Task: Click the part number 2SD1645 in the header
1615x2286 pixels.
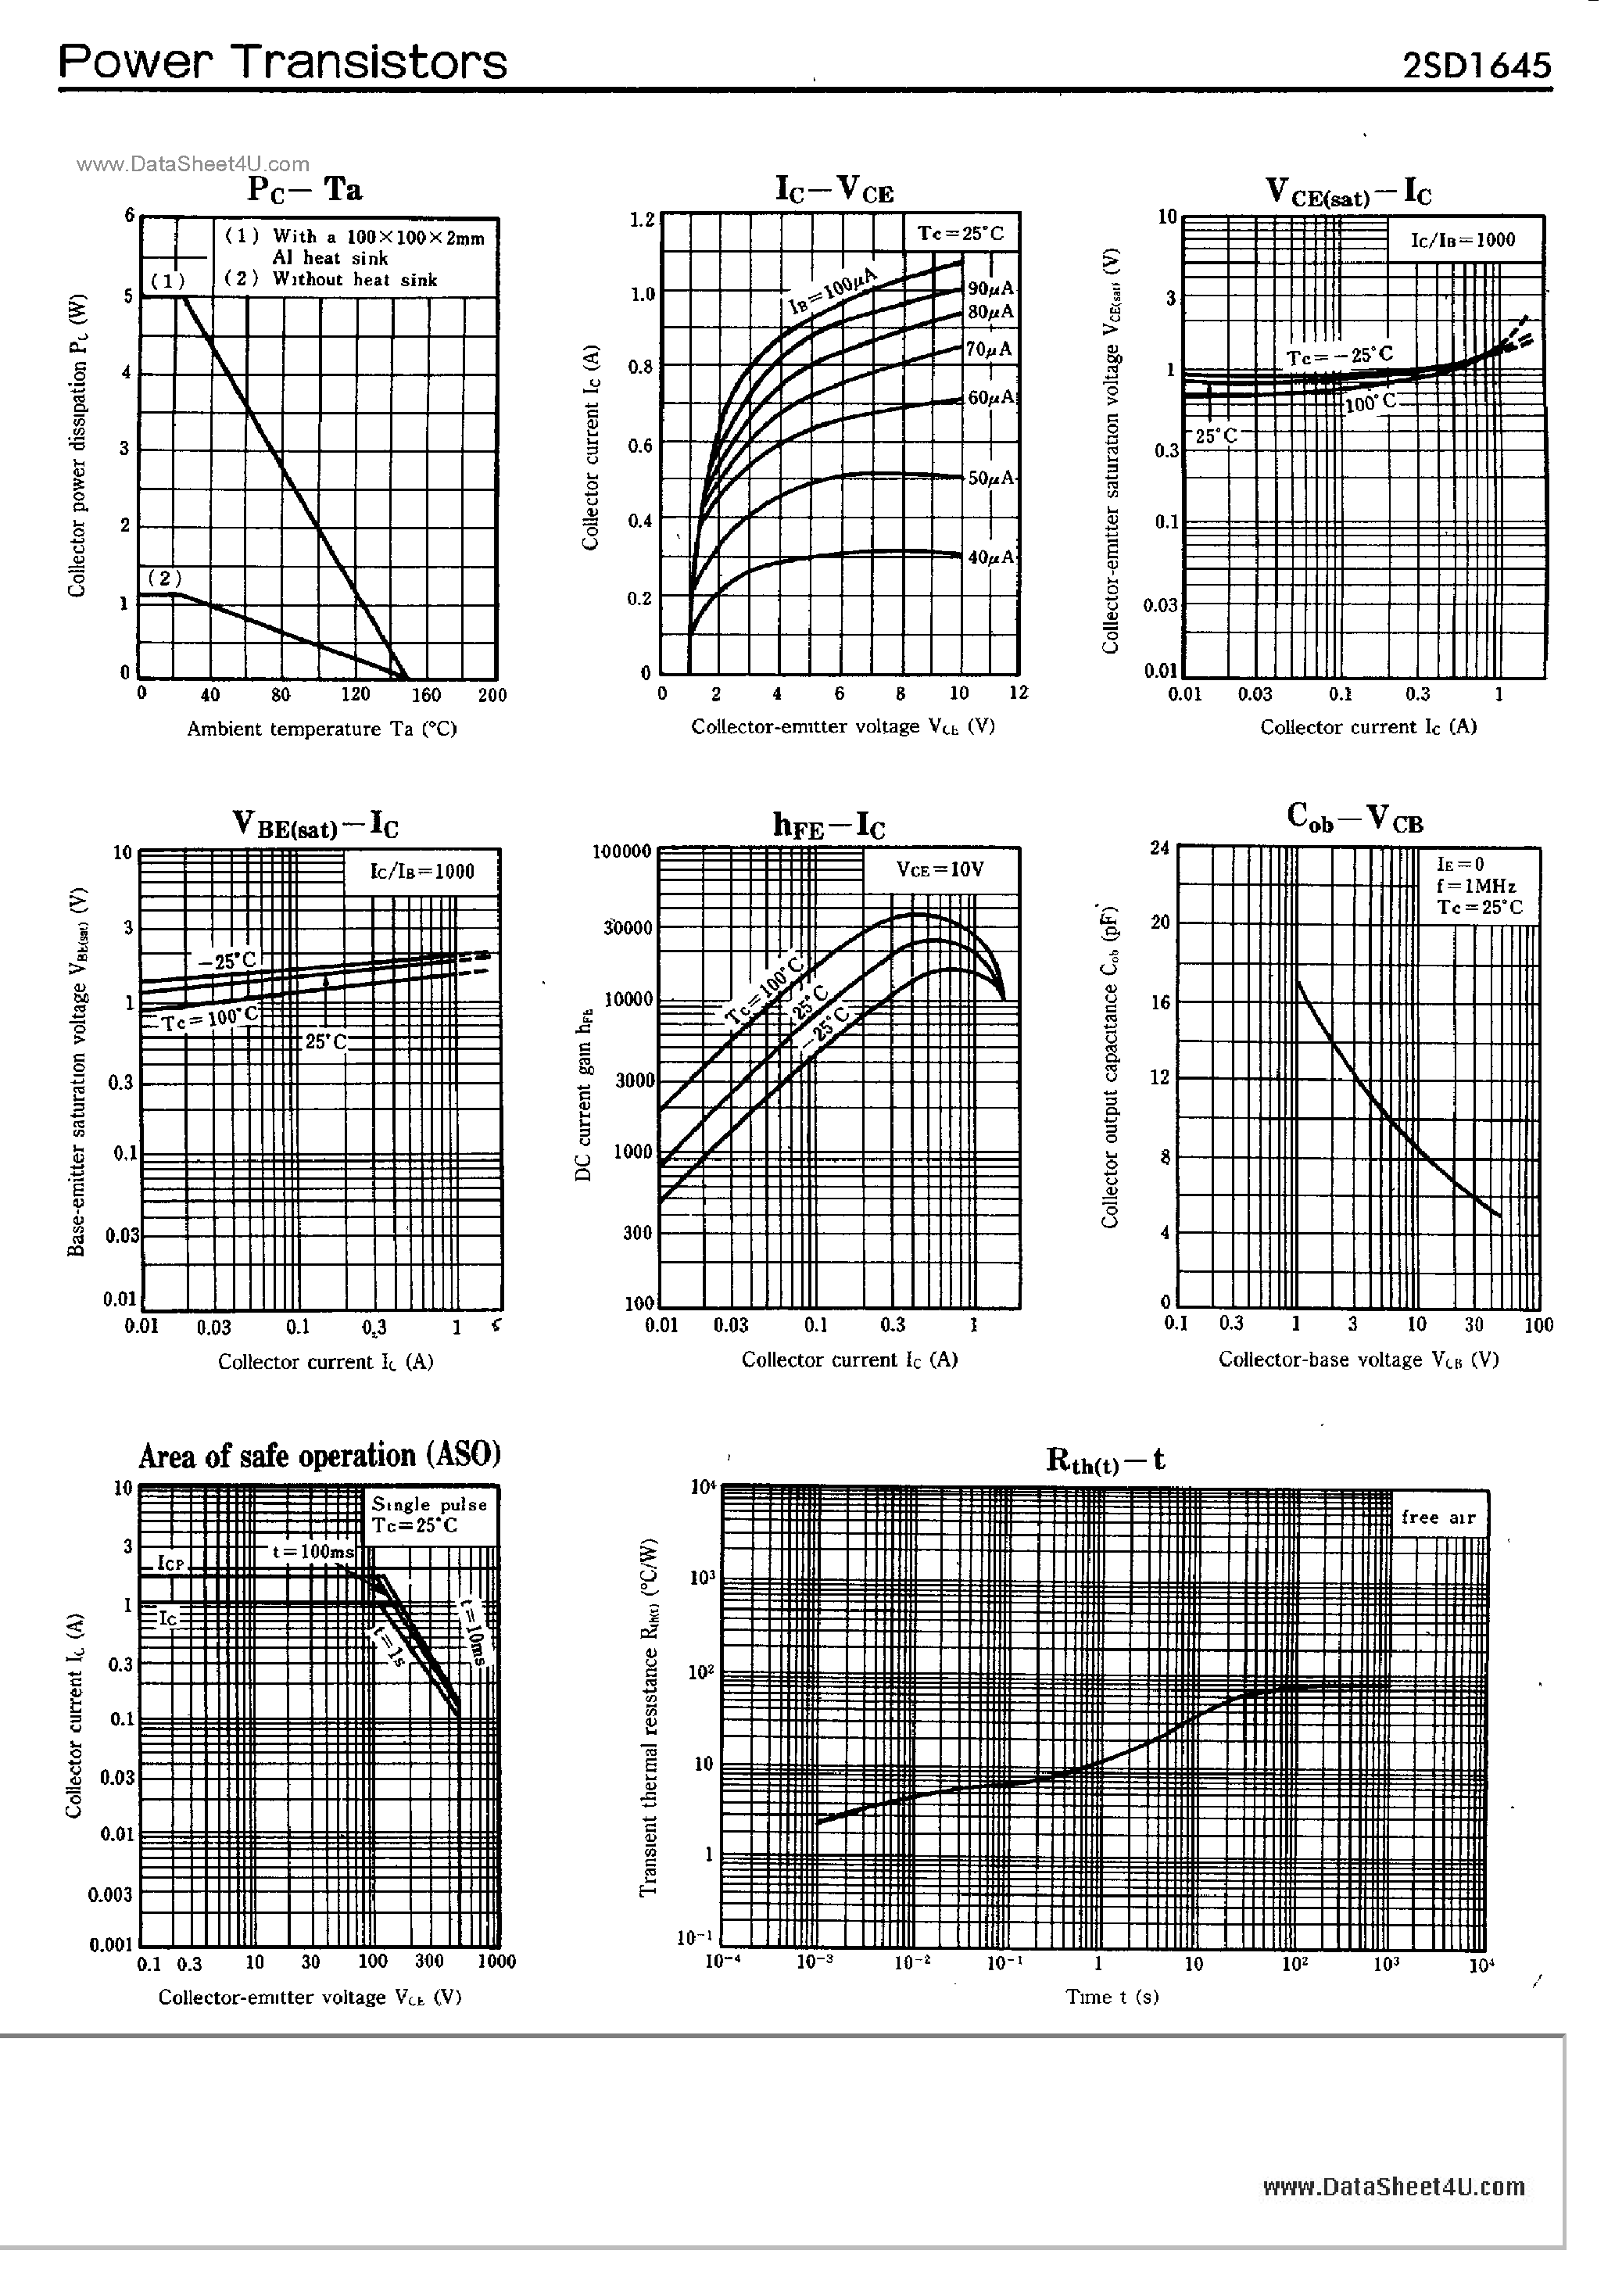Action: coord(1476,66)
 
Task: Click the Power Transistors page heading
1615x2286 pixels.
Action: coord(283,62)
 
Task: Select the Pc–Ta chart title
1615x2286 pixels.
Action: coord(305,188)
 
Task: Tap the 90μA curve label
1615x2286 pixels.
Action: coord(990,288)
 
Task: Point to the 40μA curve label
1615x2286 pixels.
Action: coord(990,557)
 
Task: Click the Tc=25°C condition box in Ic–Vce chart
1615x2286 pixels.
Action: coord(961,234)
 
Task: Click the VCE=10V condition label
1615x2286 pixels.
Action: coord(940,869)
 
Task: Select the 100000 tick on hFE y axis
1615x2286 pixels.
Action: coord(622,852)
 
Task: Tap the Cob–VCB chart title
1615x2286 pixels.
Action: coord(1355,819)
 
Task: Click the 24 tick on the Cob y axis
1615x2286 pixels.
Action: coord(1159,848)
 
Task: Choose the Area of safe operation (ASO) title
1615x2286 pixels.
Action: coord(320,1456)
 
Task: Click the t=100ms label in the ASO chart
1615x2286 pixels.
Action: coord(313,1552)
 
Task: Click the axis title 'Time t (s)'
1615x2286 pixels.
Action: coord(1112,1996)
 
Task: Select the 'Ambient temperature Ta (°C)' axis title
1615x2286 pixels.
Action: coord(321,729)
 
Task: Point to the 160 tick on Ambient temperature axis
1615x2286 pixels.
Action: coord(426,695)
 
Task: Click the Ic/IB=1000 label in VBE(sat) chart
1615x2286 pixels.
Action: coord(422,871)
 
